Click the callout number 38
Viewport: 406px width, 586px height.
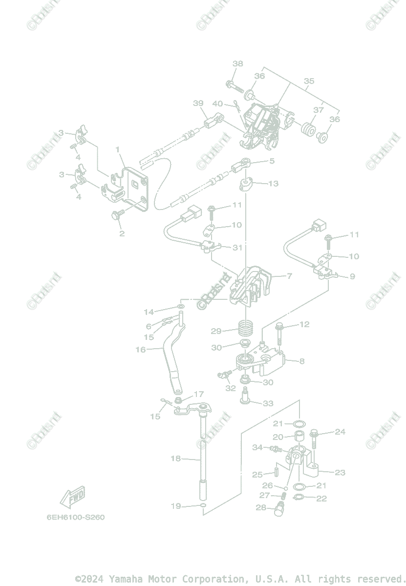(x=237, y=64)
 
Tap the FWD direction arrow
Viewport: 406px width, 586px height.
(x=72, y=497)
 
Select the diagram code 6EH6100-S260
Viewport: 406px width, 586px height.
(x=75, y=518)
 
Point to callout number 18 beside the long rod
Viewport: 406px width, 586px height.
(x=175, y=459)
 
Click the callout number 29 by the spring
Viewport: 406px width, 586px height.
(x=216, y=331)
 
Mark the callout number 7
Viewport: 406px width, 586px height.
(x=289, y=276)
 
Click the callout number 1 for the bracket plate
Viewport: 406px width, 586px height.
(x=117, y=149)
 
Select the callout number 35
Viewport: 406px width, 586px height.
(x=309, y=81)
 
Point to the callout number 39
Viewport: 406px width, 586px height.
(x=198, y=103)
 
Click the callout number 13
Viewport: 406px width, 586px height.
(x=273, y=184)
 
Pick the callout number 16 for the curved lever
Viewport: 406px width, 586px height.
(x=140, y=350)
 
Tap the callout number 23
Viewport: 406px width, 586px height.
(x=340, y=472)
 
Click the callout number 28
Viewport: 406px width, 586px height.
(x=261, y=508)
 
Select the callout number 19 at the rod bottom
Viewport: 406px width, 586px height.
(x=175, y=506)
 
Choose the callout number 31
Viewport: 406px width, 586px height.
(x=237, y=248)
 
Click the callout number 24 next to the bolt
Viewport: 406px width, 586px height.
(x=340, y=432)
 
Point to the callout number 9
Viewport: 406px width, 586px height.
(x=352, y=276)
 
